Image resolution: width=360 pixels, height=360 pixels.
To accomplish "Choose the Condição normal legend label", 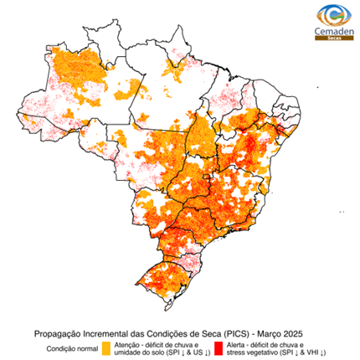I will point(71,347).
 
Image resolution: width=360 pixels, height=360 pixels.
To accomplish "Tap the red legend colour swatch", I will point(218,347).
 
